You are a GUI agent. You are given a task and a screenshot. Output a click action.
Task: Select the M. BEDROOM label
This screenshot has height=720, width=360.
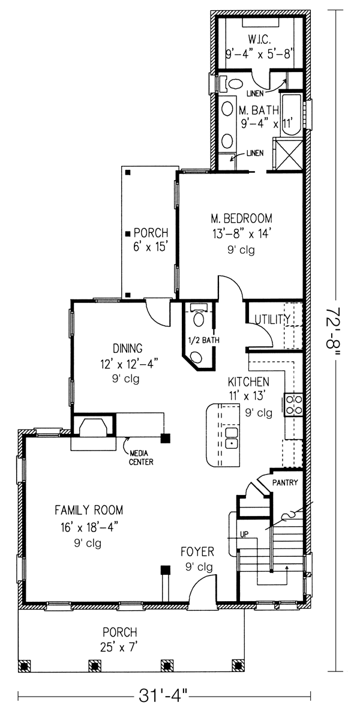pyautogui.click(x=241, y=218)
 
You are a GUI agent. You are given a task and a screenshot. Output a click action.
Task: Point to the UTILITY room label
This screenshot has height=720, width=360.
pyautogui.click(x=272, y=319)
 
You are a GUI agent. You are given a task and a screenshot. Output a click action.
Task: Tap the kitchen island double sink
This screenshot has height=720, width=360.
pyautogui.click(x=232, y=439)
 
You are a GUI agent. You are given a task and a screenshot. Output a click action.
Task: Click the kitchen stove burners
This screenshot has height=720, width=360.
pyautogui.click(x=295, y=405)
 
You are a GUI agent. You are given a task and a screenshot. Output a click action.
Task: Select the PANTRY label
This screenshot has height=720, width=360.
pyautogui.click(x=285, y=482)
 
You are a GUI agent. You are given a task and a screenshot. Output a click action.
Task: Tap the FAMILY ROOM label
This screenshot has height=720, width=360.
pyautogui.click(x=89, y=511)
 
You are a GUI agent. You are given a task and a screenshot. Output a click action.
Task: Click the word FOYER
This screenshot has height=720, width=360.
pyautogui.click(x=198, y=551)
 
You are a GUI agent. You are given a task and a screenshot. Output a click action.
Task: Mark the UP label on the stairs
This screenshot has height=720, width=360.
pyautogui.click(x=244, y=533)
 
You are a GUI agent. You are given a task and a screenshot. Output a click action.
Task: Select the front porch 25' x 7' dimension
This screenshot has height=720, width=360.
pyautogui.click(x=119, y=647)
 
